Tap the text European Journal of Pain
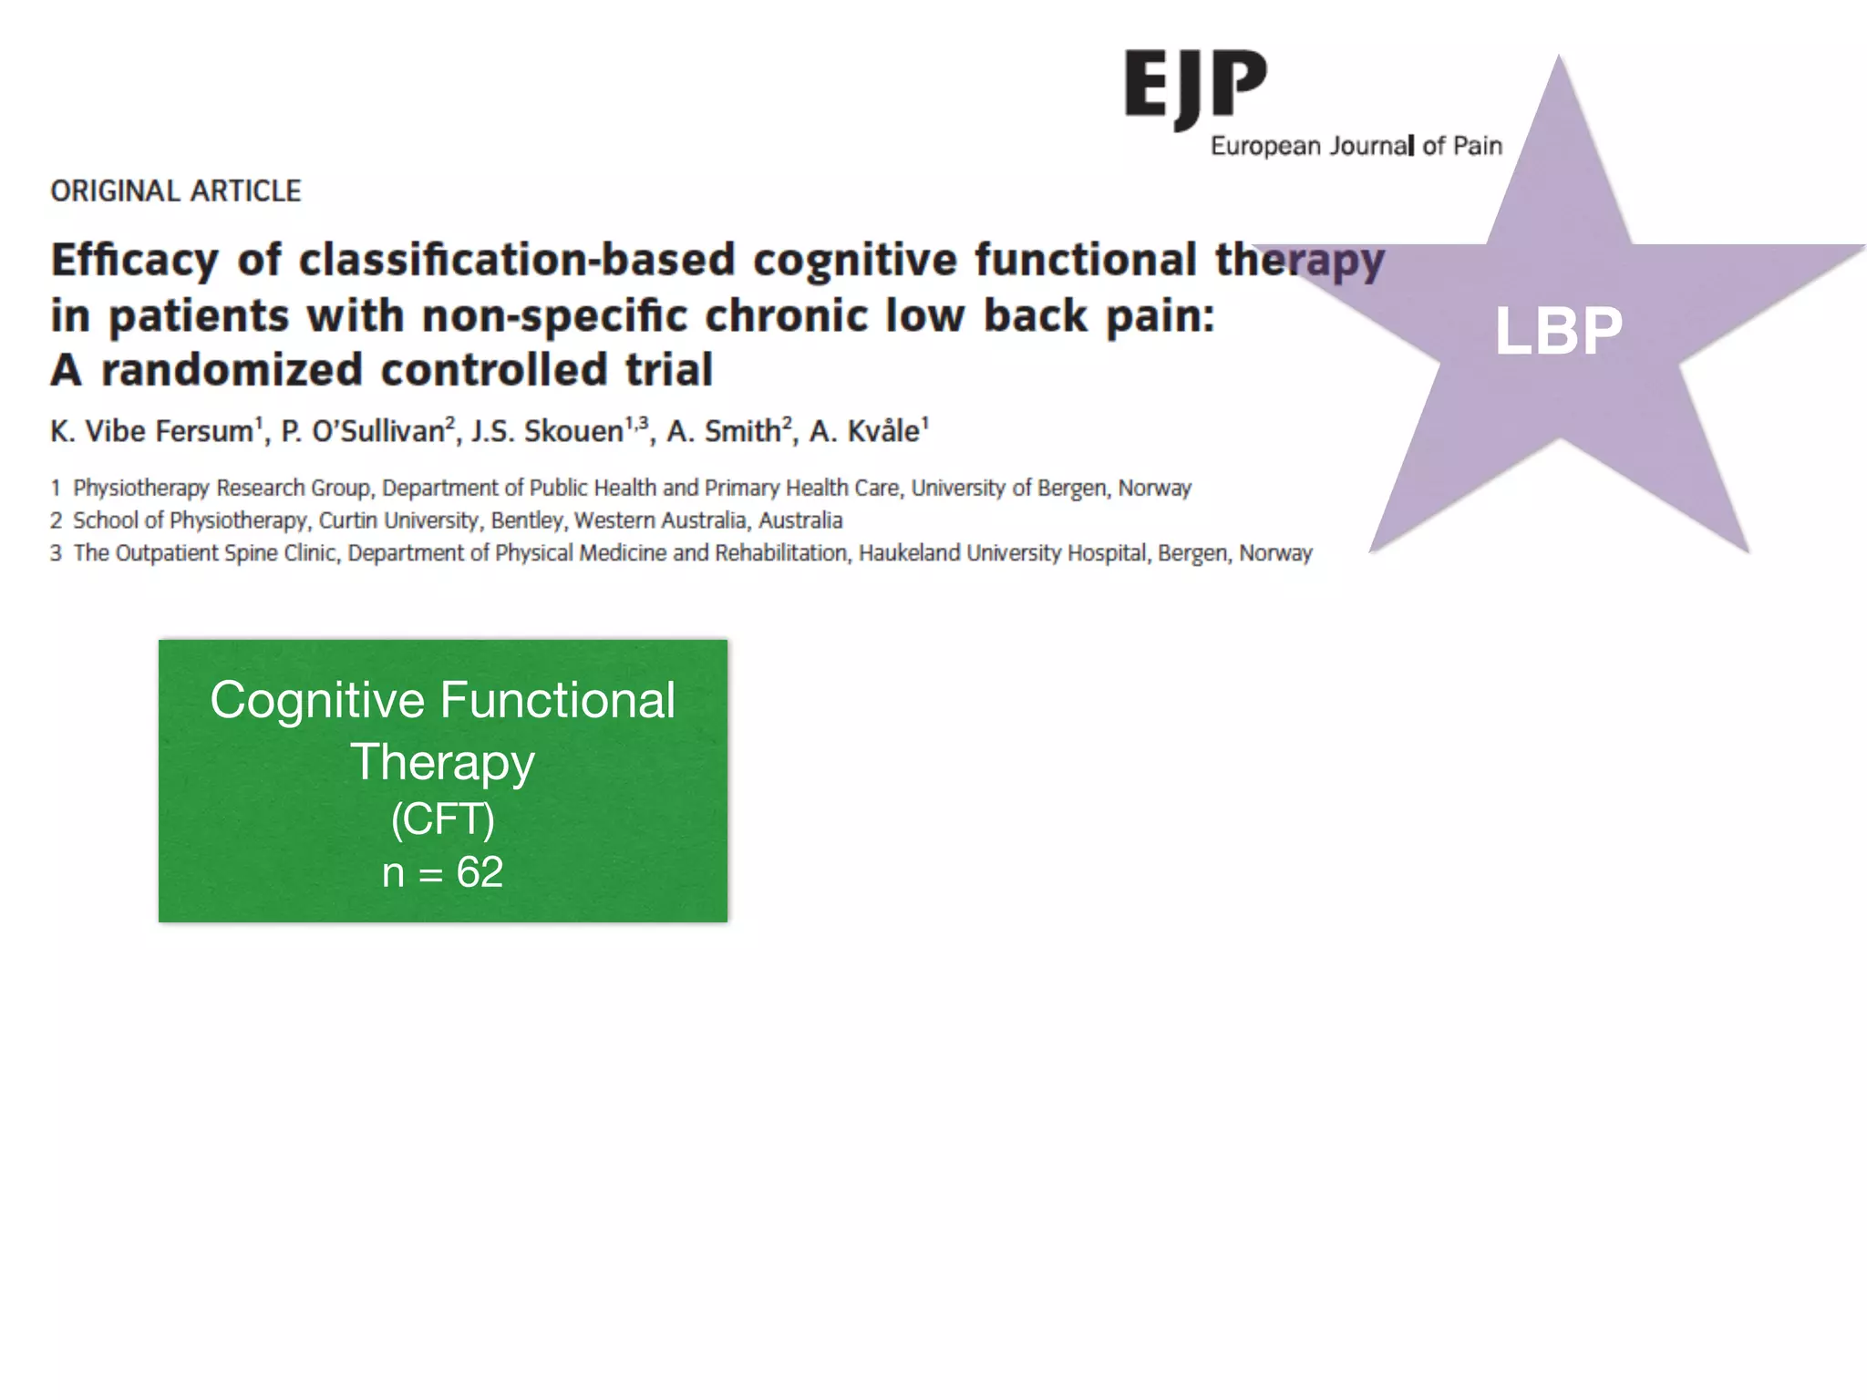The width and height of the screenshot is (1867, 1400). click(x=1356, y=146)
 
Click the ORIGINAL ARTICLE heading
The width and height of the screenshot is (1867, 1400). click(x=175, y=191)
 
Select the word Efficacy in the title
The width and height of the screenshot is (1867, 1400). click(x=135, y=261)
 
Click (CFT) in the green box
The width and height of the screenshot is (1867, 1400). click(x=443, y=818)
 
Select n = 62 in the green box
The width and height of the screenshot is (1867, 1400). click(x=443, y=872)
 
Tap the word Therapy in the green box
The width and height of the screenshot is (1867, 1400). click(x=443, y=762)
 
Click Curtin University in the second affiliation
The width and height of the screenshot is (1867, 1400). click(x=398, y=520)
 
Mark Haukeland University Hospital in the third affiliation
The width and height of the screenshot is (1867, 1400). click(x=1003, y=553)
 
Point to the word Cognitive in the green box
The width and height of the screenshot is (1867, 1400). click(x=317, y=700)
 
